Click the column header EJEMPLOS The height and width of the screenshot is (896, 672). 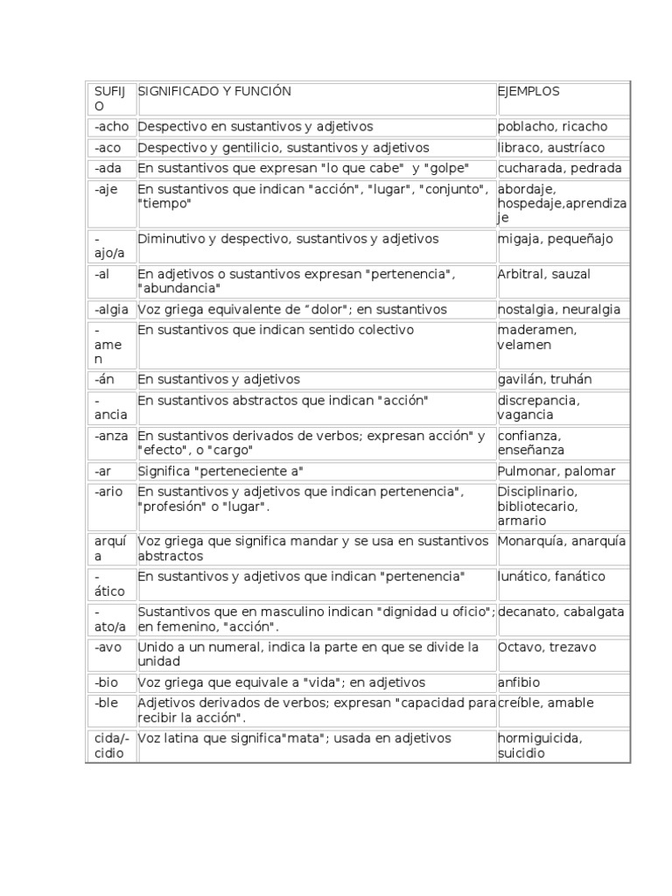pos(528,91)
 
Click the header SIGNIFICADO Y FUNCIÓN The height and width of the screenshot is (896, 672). pos(214,91)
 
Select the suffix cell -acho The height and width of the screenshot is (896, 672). pos(110,127)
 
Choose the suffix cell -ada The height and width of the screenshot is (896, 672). pos(108,168)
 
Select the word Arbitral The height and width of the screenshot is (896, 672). pos(520,274)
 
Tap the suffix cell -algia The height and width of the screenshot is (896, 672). pos(112,309)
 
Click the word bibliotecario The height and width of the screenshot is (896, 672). pos(537,507)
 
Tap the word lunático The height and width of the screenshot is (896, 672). pos(522,577)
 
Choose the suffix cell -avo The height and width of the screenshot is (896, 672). pos(108,647)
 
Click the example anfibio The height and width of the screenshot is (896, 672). pos(519,682)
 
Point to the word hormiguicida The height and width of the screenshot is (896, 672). pos(540,738)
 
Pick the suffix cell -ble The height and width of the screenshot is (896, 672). pos(107,703)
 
